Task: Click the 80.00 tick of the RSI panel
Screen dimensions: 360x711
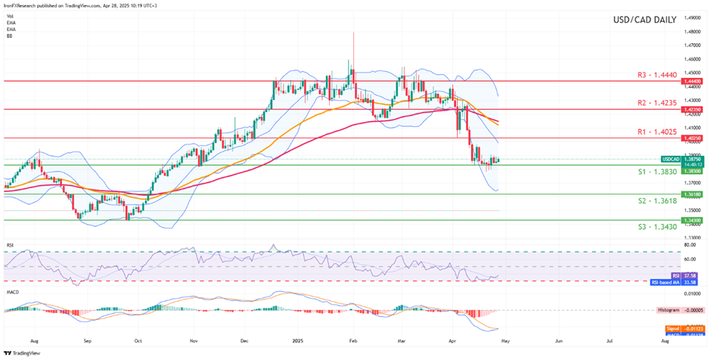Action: click(690, 245)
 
